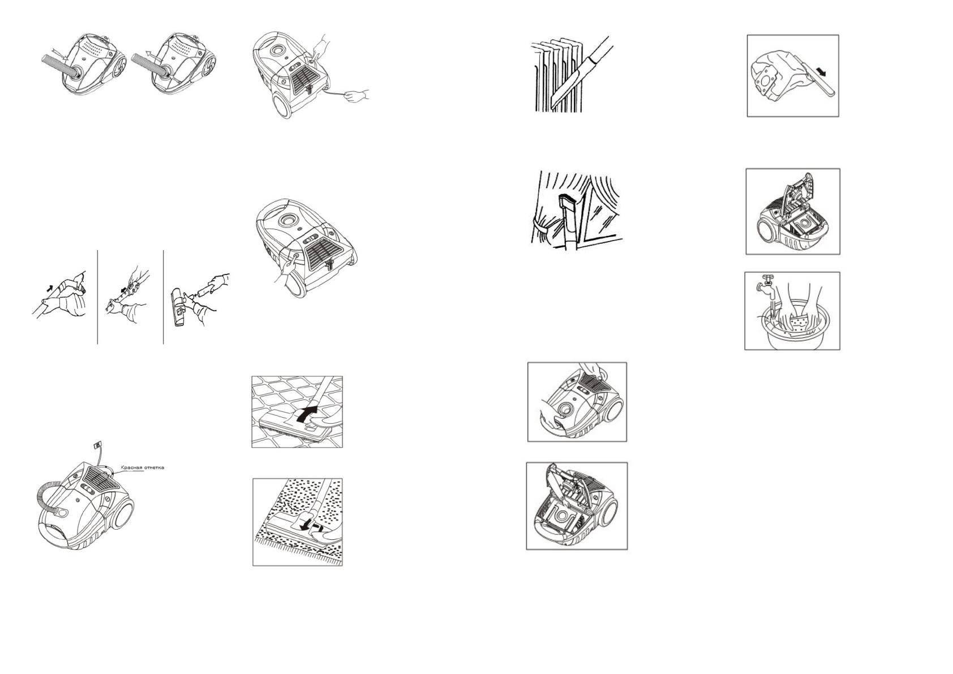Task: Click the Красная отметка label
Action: (143, 467)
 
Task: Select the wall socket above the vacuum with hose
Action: (98, 445)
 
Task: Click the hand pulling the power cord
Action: (357, 96)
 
